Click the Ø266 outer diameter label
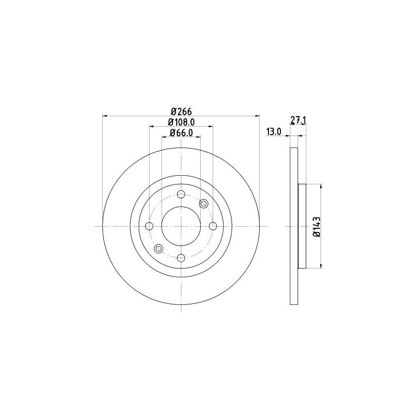(x=180, y=111)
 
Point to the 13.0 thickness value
(x=274, y=132)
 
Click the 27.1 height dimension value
(x=298, y=120)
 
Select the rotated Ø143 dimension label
(x=316, y=227)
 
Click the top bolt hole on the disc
(x=181, y=195)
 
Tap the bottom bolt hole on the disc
(x=181, y=257)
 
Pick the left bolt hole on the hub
(x=150, y=226)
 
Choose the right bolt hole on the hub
(x=213, y=226)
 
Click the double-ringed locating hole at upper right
(x=204, y=204)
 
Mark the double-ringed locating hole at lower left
(x=158, y=249)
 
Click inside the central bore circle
(x=181, y=226)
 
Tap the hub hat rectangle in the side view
(x=301, y=226)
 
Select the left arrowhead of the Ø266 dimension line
(x=105, y=115)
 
